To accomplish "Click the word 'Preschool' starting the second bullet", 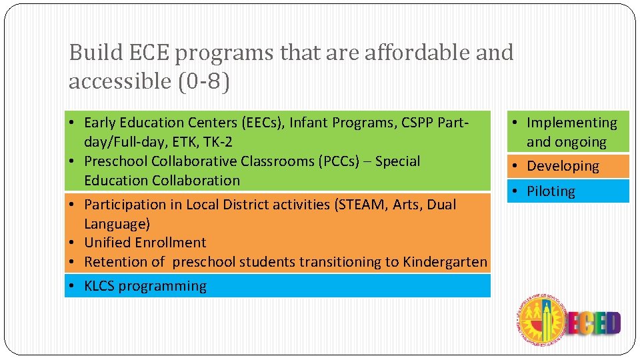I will (x=116, y=161).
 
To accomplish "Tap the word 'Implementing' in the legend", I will (x=572, y=123).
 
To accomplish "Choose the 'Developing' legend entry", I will (x=563, y=166).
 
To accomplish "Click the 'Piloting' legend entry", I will (x=551, y=191).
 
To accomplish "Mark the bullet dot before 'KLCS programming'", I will (x=71, y=287).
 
